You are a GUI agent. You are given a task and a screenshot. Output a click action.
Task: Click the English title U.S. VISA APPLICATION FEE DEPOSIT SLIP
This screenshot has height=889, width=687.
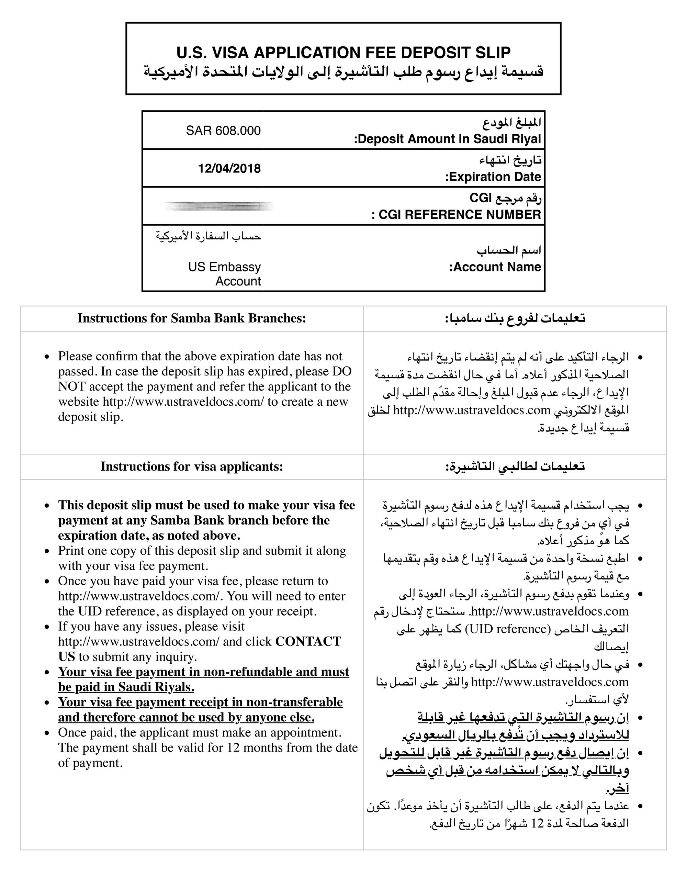[x=343, y=53]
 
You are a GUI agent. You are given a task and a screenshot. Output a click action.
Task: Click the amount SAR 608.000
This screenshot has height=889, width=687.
[x=223, y=131]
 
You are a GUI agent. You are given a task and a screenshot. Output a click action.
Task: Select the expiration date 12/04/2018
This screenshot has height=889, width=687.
[x=229, y=169]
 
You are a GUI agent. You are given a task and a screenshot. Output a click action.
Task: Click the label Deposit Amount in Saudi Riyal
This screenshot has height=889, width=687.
[x=448, y=139]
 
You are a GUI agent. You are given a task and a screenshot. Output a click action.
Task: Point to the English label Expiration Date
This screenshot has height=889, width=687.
[x=493, y=177]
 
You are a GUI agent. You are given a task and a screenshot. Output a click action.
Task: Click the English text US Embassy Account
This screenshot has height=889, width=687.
[x=224, y=274]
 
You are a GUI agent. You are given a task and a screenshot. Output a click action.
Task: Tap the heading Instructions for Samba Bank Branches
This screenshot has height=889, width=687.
[x=192, y=318]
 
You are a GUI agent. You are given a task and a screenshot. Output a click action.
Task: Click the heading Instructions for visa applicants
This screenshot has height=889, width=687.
[x=192, y=466]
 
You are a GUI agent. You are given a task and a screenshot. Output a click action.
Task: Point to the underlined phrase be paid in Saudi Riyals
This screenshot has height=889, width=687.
[x=126, y=687]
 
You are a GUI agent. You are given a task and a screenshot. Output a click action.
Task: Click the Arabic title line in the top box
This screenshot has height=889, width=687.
[x=343, y=72]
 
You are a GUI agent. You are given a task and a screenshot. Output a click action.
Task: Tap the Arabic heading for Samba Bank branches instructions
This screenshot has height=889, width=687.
[x=515, y=318]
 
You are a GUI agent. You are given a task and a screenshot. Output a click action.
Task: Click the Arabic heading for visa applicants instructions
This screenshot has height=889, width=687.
[x=515, y=466]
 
